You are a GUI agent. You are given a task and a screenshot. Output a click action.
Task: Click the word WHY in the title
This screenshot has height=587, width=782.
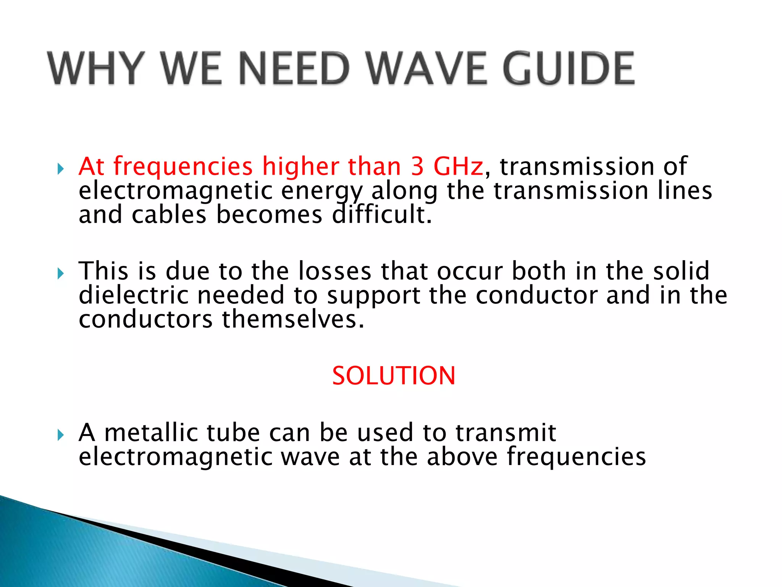click(96, 69)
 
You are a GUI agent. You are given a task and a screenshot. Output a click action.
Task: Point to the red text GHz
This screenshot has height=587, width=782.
click(458, 167)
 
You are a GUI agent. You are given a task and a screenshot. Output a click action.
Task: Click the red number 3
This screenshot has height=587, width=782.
click(418, 167)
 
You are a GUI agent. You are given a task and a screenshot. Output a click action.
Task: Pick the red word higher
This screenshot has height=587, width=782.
click(301, 167)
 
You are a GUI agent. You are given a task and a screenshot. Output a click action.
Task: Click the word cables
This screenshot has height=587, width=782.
click(169, 215)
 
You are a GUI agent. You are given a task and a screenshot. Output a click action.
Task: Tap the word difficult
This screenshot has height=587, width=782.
click(382, 215)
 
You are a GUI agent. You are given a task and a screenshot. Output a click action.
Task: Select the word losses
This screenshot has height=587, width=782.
click(334, 271)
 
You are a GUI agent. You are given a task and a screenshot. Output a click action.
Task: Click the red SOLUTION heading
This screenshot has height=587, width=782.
click(394, 376)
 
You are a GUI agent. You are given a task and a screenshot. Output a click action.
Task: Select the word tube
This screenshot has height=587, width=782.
click(233, 433)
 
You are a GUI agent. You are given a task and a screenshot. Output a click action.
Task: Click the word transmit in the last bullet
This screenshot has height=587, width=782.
click(506, 433)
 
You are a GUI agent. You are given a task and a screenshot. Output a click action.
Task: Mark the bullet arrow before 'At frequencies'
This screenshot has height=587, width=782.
click(60, 169)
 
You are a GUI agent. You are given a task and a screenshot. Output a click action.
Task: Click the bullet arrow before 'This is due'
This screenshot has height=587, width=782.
click(60, 273)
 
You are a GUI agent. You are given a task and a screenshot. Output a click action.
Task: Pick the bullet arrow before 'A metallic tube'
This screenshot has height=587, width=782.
click(60, 435)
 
